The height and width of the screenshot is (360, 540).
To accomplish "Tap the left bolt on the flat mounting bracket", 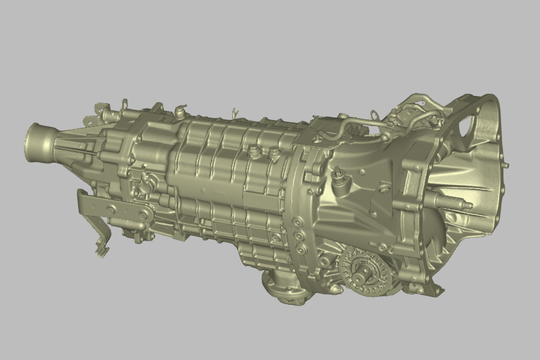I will [112, 208].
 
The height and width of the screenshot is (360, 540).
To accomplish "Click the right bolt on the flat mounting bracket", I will [143, 214].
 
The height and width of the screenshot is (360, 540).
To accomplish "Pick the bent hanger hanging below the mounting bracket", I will [100, 240].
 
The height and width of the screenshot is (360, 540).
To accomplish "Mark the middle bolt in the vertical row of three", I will [298, 235].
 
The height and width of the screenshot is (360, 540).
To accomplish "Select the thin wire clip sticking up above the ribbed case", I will [235, 113].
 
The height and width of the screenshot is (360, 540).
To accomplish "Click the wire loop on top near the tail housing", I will [125, 103].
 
